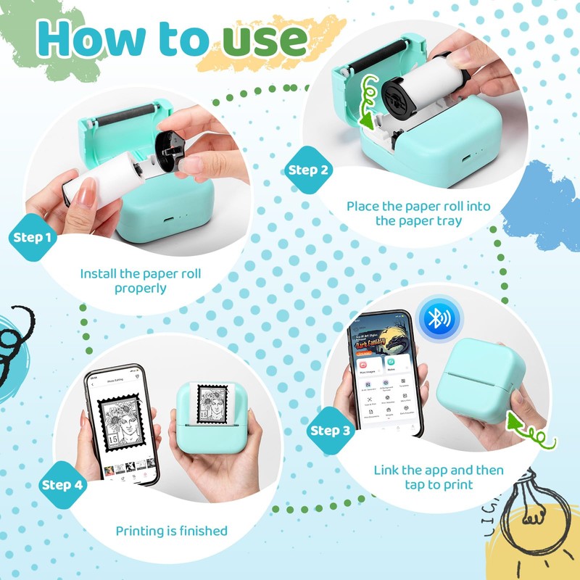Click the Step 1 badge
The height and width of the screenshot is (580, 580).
point(33,238)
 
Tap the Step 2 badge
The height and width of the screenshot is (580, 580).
point(308,170)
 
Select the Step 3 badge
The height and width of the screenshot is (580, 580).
point(330,431)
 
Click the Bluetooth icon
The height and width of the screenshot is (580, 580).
point(438,317)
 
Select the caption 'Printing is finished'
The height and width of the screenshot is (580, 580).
point(172,531)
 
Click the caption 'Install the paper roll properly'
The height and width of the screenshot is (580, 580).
point(141,281)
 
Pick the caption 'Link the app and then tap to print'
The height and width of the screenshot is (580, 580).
point(439,477)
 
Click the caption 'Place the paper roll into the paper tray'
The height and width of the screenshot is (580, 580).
point(418,213)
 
